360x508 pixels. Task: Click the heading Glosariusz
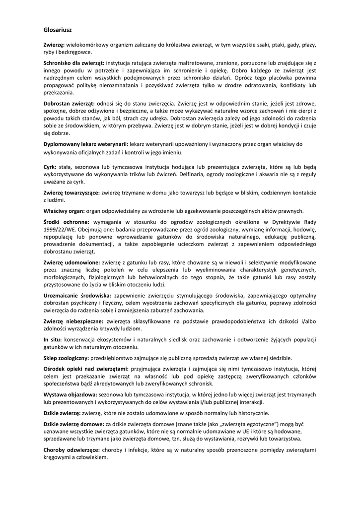pyautogui.click(x=58, y=30)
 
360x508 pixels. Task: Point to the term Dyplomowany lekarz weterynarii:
pyautogui.click(x=85, y=143)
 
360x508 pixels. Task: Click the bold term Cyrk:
pyautogui.click(x=50, y=168)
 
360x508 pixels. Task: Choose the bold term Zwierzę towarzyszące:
pyautogui.click(x=72, y=192)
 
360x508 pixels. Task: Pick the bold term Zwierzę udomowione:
pyautogui.click(x=72, y=262)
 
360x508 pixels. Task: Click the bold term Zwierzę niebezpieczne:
pyautogui.click(x=73, y=321)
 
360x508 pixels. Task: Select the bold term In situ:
pyautogui.click(x=52, y=339)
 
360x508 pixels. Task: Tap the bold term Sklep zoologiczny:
pyautogui.click(x=67, y=358)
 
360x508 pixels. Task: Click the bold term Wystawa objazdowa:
pyautogui.click(x=70, y=395)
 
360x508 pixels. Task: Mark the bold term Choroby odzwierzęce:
pyautogui.click(x=72, y=450)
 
